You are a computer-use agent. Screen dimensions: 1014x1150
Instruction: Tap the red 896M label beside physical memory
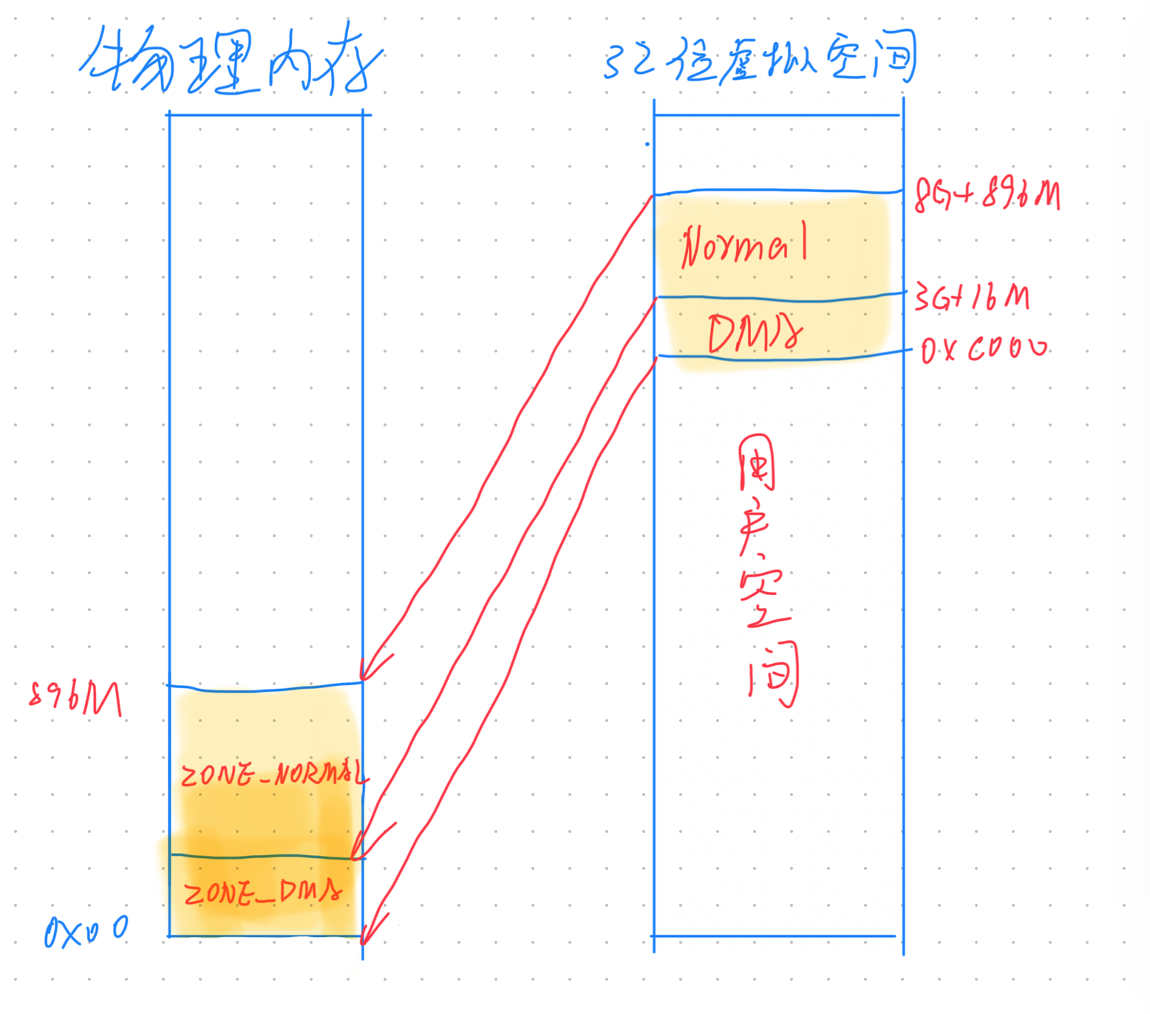coord(75,698)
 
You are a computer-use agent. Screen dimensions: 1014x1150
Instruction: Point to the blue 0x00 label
coord(86,931)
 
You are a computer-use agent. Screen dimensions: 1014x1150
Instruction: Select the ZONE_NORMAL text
coord(273,774)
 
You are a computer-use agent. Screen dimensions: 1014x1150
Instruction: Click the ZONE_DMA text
coord(263,893)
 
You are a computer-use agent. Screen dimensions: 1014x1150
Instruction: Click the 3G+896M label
coord(987,195)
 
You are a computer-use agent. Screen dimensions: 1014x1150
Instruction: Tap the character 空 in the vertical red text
coord(764,599)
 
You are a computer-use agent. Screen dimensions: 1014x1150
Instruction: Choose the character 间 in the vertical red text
coord(773,673)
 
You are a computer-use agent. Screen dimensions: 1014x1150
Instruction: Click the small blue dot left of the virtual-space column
coord(647,144)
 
